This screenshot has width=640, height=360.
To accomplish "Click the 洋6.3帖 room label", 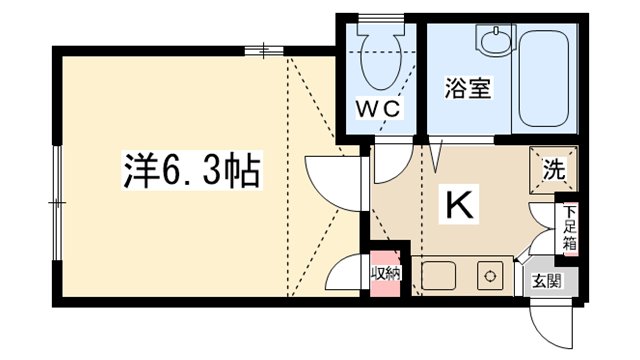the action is (192, 170).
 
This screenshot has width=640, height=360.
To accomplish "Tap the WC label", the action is (378, 109).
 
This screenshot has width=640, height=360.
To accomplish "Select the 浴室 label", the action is (468, 88).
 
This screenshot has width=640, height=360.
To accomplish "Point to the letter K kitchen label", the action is (459, 204).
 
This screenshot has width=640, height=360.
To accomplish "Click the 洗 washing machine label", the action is (554, 169).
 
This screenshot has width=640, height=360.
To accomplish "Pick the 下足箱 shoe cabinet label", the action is (570, 228).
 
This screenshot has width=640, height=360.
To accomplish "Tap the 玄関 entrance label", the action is (547, 281).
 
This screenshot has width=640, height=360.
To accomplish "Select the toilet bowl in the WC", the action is (380, 56).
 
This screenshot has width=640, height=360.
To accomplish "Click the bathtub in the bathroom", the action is (544, 79).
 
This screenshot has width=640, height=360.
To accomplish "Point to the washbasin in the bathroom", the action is (496, 40).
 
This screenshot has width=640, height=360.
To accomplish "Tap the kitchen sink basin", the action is (438, 276).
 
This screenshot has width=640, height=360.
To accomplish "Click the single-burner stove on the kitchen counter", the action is (490, 276).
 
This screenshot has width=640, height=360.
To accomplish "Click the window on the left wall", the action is (58, 202).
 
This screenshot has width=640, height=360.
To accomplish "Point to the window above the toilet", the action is (380, 18).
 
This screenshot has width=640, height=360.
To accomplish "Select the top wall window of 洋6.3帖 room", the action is (264, 51).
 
